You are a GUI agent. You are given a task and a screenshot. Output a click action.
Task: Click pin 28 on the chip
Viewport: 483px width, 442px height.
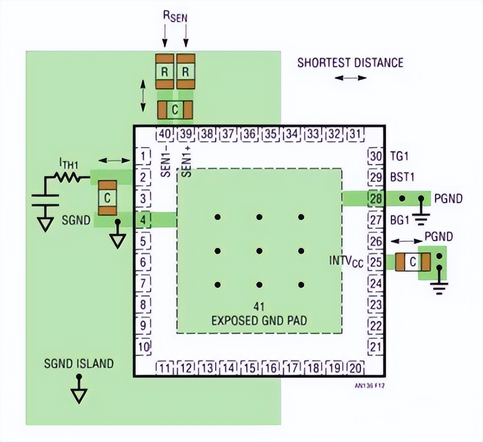375,198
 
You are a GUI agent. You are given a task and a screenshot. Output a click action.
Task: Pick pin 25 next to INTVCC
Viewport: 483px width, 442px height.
375,262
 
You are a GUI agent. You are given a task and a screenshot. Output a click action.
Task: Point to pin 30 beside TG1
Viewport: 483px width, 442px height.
375,156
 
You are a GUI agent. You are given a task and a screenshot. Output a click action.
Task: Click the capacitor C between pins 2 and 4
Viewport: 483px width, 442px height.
107,198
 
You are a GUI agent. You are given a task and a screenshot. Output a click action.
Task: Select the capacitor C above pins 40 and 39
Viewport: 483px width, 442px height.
175,110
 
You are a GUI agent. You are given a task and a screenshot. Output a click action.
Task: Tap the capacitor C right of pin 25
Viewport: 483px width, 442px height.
413,262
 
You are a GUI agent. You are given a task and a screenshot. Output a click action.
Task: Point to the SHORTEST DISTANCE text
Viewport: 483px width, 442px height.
350,62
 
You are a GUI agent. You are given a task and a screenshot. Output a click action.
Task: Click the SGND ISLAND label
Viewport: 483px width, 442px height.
79,363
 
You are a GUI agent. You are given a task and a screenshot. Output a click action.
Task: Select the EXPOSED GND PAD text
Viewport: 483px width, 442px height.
259,320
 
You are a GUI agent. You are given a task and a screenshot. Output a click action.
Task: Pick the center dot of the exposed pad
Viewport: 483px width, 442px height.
259,251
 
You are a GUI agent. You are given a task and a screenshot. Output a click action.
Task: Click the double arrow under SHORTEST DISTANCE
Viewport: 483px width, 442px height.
351,78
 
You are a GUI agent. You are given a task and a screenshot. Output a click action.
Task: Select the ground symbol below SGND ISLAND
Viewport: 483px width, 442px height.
79,394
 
